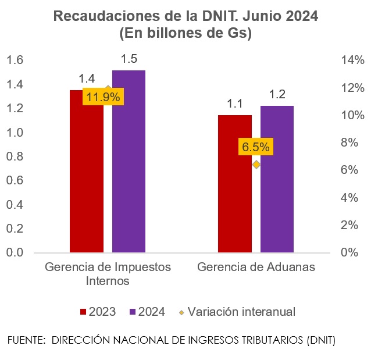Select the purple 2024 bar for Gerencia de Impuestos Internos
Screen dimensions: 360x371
129,163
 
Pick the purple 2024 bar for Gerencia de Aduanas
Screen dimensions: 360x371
277,180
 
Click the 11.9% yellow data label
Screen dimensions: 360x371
102,97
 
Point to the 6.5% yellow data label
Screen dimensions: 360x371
256,147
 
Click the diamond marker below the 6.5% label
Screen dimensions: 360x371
256,165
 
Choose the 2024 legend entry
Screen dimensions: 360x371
147,312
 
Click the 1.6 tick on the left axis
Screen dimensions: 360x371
16,60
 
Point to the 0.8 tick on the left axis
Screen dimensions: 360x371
16,156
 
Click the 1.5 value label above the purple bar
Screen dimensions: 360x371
129,59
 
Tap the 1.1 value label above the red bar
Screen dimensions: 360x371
234,104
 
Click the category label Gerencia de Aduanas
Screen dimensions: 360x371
256,268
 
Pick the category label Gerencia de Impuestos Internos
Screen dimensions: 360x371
108,274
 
